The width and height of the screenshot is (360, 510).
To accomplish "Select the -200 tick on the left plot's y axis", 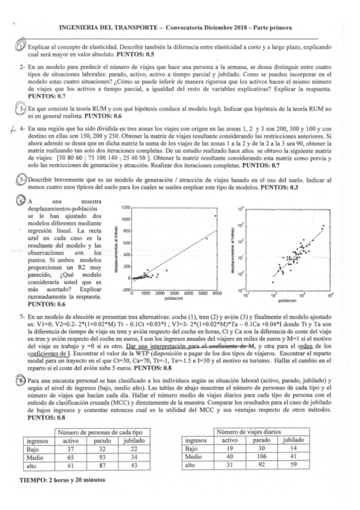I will pos(124,289).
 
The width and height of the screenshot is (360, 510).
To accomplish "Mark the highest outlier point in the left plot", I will pos(214,233).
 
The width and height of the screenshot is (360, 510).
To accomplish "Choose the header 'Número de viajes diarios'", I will pos(267,431).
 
